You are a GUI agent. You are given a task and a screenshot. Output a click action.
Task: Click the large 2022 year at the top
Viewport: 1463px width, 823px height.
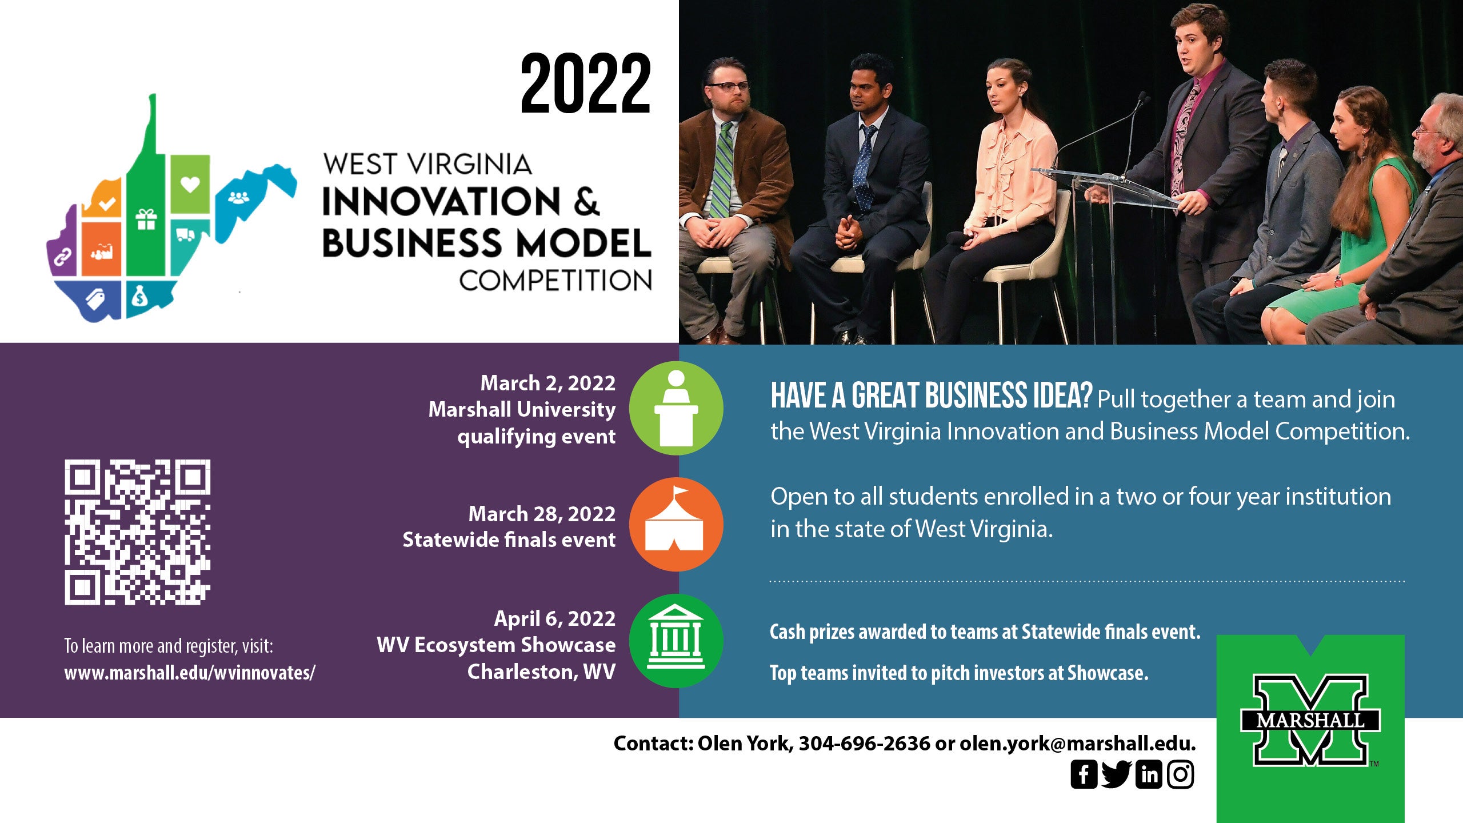pos(586,83)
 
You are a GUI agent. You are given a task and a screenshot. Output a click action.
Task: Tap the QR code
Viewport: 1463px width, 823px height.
pos(137,532)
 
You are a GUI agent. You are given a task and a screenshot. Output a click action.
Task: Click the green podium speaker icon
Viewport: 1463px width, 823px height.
pos(676,408)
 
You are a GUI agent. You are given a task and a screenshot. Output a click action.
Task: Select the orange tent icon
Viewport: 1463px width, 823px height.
pos(676,524)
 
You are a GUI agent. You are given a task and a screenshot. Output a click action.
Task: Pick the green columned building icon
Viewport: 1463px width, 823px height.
pos(676,640)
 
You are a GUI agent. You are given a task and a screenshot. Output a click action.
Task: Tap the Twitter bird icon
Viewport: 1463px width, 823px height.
pos(1116,774)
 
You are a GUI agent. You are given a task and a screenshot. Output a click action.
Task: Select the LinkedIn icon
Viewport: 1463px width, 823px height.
pos(1149,774)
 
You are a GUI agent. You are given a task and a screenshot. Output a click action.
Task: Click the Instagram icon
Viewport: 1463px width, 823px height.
pos(1181,774)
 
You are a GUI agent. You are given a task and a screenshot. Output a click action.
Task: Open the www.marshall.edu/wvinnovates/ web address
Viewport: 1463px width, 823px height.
pos(190,673)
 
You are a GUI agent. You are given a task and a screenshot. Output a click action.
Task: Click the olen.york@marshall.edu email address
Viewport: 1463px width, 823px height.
pos(1077,743)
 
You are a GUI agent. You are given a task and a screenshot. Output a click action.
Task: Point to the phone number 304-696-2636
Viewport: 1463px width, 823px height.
pos(864,743)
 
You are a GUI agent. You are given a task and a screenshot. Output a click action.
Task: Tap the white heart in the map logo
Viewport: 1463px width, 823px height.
pos(190,184)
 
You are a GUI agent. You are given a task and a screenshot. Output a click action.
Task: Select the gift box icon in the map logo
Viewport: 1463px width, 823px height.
pos(146,219)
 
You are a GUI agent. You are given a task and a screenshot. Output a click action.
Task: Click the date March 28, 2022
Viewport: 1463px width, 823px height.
pos(542,514)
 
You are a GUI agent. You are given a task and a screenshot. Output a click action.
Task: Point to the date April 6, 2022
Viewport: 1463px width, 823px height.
pos(555,618)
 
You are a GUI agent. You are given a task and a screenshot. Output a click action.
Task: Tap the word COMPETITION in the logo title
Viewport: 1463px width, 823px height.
pos(555,281)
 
